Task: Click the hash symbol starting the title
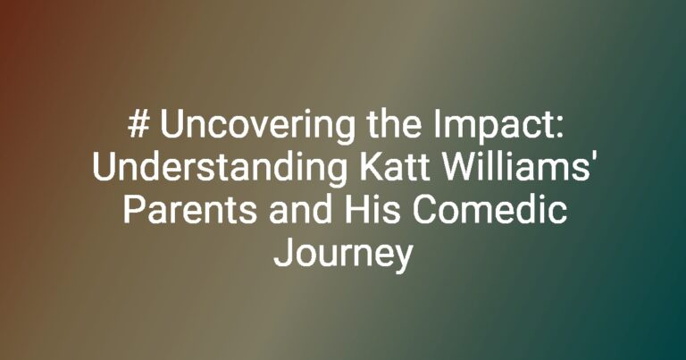138,124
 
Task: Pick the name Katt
394,167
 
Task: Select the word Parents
190,210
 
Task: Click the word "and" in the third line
300,209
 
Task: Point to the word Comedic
489,209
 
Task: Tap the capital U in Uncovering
171,125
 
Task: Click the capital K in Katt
370,167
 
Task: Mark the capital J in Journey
282,253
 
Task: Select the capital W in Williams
456,167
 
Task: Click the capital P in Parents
134,210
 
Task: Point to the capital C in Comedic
423,210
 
